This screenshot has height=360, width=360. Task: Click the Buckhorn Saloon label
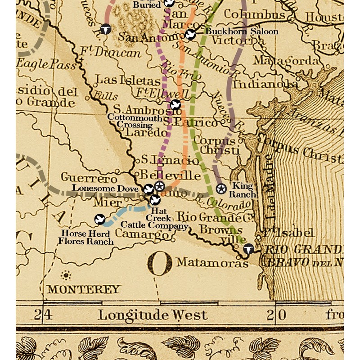pos(242,31)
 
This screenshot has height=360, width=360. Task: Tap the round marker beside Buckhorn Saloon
pos(190,35)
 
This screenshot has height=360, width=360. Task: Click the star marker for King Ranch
pos(221,189)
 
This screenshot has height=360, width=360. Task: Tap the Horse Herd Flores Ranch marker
pos(100,220)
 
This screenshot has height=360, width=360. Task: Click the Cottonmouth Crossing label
pos(131,120)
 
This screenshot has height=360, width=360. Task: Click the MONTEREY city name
pos(84,289)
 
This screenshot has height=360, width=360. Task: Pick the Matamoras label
pos(212,262)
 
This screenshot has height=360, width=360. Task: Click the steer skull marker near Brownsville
pos(248,249)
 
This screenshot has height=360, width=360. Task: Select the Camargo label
pos(141,234)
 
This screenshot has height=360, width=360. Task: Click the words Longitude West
pos(153,315)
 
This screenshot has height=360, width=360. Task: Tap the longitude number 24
pos(44,315)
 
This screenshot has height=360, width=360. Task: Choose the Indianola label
pos(265,84)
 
